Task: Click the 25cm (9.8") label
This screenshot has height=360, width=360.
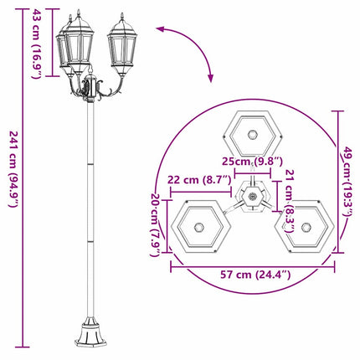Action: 252,161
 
